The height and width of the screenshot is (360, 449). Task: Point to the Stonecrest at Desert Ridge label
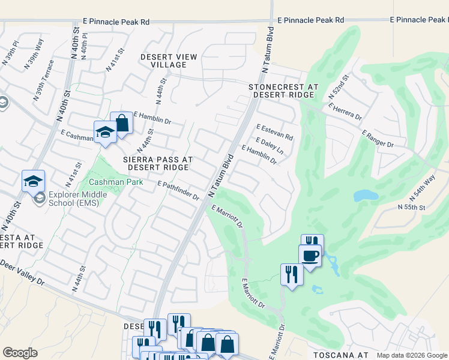point(283,91)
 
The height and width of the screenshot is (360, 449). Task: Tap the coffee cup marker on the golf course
point(310,256)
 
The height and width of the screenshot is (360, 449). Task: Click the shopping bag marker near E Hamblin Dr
point(121,124)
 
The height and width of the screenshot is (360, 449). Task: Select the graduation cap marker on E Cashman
point(105,133)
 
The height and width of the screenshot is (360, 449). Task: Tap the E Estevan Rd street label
point(274,132)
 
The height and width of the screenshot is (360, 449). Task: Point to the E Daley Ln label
point(269,145)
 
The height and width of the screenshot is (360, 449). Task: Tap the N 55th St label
point(411,207)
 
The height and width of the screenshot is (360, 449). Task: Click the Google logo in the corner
point(20,353)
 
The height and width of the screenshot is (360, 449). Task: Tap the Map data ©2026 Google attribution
point(411,355)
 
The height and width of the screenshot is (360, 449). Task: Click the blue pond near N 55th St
point(366,196)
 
